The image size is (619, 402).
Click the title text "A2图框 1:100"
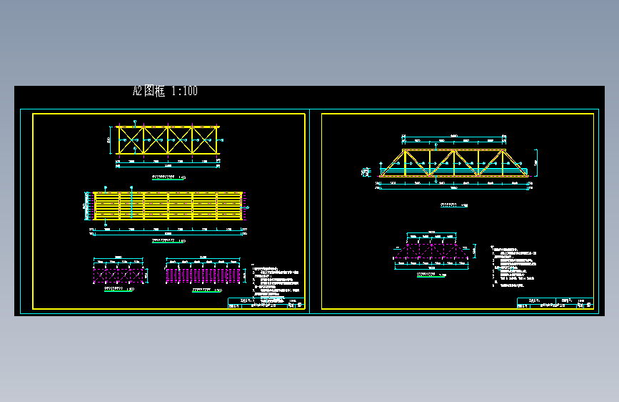click(x=165, y=91)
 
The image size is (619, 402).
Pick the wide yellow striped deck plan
click(x=168, y=206)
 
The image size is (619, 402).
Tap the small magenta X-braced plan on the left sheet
click(x=119, y=274)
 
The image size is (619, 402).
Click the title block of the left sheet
click(x=266, y=303)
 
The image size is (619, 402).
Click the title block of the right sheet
click(x=555, y=303)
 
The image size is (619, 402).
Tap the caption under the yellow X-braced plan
click(x=168, y=176)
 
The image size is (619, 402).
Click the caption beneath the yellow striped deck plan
click(x=168, y=241)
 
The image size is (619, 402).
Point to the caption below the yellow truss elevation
click(x=454, y=205)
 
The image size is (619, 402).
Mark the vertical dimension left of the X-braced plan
click(x=109, y=139)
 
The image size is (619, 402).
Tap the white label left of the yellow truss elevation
click(x=366, y=171)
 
